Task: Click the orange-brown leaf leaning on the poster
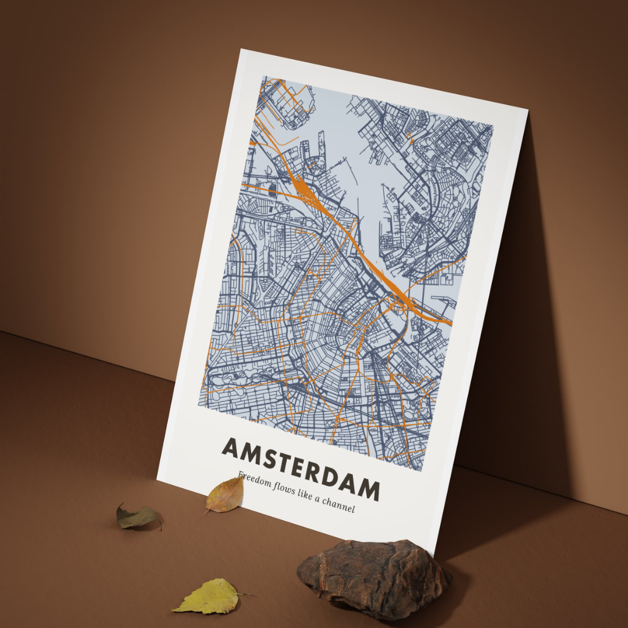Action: [226, 495]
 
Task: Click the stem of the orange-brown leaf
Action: [207, 511]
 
